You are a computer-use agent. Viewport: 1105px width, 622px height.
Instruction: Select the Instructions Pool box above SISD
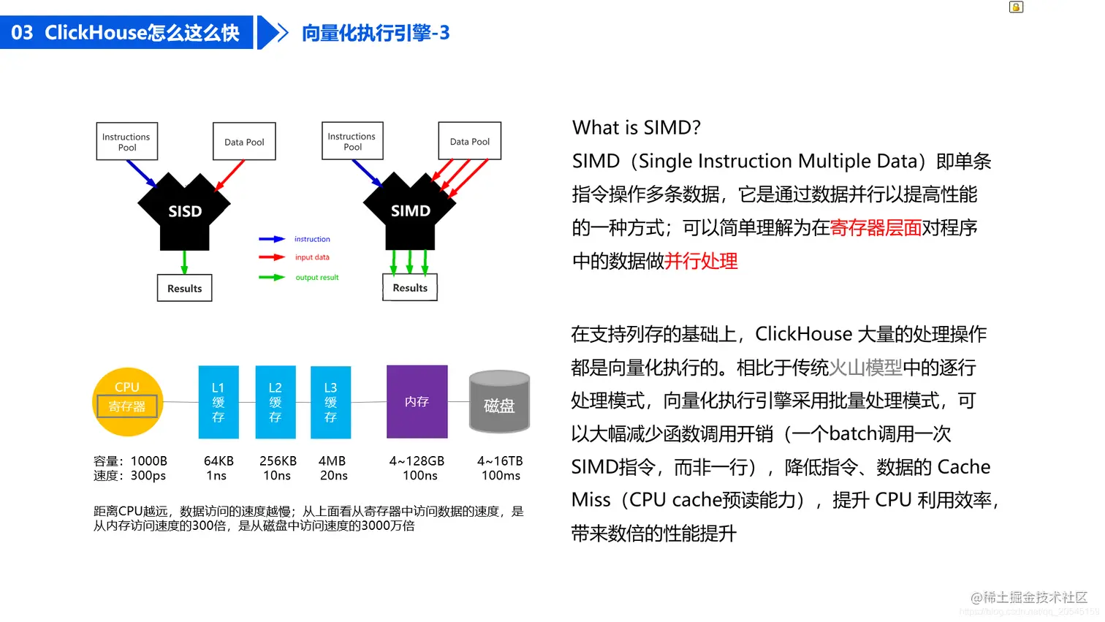pos(126,142)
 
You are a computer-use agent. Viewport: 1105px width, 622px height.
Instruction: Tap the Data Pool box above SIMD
pos(470,141)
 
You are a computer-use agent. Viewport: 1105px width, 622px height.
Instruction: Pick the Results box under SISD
pos(184,289)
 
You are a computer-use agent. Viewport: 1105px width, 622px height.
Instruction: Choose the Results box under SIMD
pos(410,288)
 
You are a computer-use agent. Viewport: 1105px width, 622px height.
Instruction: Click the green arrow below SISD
pos(184,262)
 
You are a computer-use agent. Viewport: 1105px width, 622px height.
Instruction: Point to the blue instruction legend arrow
pos(271,239)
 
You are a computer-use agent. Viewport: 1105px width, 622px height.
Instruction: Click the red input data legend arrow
pos(271,257)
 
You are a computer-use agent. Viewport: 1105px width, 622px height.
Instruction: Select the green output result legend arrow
pos(271,278)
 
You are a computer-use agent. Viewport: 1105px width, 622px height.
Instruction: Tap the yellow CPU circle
pos(127,402)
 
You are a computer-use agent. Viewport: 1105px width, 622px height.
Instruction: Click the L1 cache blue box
pos(219,402)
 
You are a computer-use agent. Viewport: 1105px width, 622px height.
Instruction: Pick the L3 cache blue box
pos(330,402)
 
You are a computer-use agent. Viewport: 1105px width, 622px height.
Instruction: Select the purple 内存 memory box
pos(417,402)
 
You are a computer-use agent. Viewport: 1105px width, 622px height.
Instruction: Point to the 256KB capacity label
pos(278,461)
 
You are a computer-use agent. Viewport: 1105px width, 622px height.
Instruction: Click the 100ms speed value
pos(501,476)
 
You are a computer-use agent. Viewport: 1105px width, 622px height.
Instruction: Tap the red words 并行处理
pos(701,261)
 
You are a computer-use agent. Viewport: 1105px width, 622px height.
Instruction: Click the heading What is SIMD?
pos(636,128)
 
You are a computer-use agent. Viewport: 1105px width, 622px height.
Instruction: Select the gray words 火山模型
pos(865,368)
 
